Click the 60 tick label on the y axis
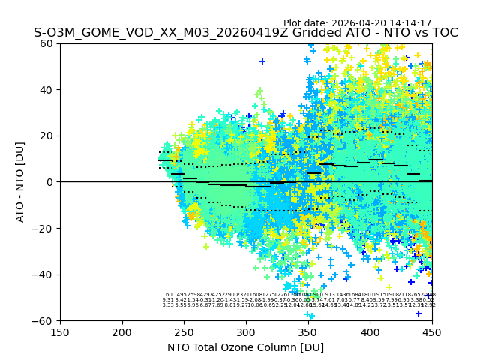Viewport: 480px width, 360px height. [x=46, y=43]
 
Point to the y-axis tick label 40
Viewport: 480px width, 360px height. [x=46, y=90]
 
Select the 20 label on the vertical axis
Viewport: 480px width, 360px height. [x=46, y=136]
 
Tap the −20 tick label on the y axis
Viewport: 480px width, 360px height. [x=43, y=228]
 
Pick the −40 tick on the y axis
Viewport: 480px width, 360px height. [x=43, y=274]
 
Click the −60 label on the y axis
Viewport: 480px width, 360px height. [x=43, y=320]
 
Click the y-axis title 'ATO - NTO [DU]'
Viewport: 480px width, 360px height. [x=21, y=182]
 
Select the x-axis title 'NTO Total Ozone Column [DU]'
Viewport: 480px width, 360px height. [x=246, y=347]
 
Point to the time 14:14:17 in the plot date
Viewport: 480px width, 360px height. [x=409, y=23]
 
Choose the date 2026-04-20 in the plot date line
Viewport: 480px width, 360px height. [x=357, y=23]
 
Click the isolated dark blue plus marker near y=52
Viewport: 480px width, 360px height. [x=262, y=61]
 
